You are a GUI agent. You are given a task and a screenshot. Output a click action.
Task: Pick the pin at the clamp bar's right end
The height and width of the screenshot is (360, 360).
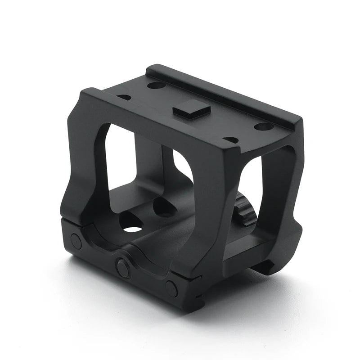click(171, 288)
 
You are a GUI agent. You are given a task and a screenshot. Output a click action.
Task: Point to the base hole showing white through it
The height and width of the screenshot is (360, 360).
click(132, 224)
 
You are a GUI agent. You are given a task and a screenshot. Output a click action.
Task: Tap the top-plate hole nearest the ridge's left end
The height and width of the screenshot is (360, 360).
click(156, 85)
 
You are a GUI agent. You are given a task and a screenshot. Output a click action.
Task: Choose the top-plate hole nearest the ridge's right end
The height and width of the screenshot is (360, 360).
click(263, 126)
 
